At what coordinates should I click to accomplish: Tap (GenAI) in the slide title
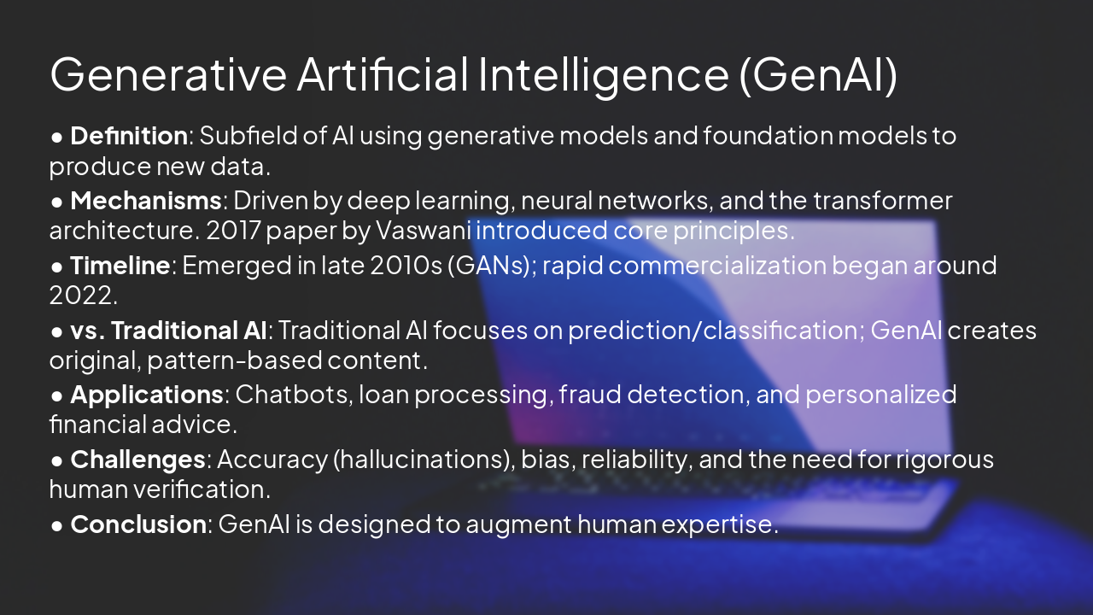click(x=817, y=74)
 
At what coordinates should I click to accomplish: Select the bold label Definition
click(x=128, y=135)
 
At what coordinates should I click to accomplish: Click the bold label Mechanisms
click(x=145, y=201)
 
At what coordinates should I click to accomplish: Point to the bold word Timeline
click(x=120, y=266)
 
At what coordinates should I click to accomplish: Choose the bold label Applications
click(x=146, y=395)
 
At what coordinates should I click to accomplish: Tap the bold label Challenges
click(x=137, y=460)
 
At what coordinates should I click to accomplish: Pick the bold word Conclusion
click(x=137, y=524)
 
